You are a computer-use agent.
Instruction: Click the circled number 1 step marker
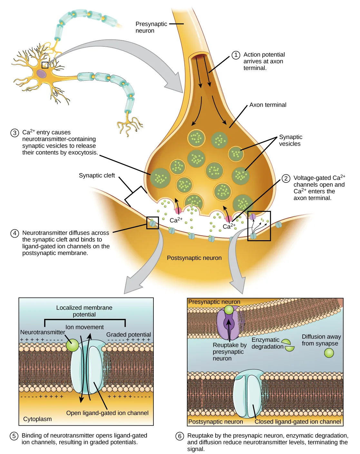coord(236,55)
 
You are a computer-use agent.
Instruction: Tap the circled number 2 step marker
coord(286,178)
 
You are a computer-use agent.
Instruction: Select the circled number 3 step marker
coord(15,133)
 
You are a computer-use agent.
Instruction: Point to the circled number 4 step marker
coord(15,233)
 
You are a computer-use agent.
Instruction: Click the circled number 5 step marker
coord(14,436)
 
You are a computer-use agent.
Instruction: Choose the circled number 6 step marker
coord(180,436)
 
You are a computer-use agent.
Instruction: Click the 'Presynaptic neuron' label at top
coord(151,27)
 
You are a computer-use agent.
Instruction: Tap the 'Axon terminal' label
coord(268,105)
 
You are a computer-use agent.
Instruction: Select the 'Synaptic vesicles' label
coord(290,140)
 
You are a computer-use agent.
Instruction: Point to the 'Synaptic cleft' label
coord(97,175)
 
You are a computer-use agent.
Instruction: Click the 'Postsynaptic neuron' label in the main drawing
coord(194,258)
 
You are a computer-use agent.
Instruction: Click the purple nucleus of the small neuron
coord(41,74)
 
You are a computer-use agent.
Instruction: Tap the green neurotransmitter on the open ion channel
coord(73,345)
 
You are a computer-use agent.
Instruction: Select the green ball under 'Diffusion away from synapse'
coord(329,353)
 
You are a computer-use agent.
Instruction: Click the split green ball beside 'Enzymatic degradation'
coord(288,345)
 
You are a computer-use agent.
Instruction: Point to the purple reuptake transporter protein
coord(228,324)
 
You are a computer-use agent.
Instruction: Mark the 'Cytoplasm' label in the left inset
coord(37,419)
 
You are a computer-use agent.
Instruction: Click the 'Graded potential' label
coord(128,335)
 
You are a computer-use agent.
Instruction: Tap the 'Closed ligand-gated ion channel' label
coord(297,422)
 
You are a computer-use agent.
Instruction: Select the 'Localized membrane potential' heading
coord(84,311)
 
